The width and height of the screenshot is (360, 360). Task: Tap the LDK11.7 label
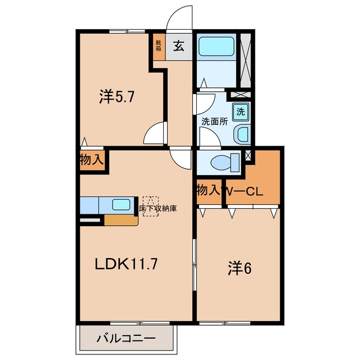point(126,264)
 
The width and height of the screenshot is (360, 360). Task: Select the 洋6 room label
point(240,268)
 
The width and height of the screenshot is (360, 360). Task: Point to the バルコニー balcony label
point(126,338)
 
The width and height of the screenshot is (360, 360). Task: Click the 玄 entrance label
point(179,46)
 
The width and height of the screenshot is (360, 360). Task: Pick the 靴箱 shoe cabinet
point(159,47)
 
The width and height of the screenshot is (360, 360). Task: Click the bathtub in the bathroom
point(216,46)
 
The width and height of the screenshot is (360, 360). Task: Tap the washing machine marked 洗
point(241,111)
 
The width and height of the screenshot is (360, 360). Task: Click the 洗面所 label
point(215,121)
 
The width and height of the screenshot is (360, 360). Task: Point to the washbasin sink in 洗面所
point(242,134)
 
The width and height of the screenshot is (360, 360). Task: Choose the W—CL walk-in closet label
point(243,191)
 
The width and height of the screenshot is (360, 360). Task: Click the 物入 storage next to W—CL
point(209,190)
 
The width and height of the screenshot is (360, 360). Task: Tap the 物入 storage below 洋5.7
point(92,160)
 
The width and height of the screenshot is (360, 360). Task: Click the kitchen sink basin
point(121,204)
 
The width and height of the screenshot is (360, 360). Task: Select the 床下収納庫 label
point(158,208)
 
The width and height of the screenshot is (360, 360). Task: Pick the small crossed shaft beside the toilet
point(248,156)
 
